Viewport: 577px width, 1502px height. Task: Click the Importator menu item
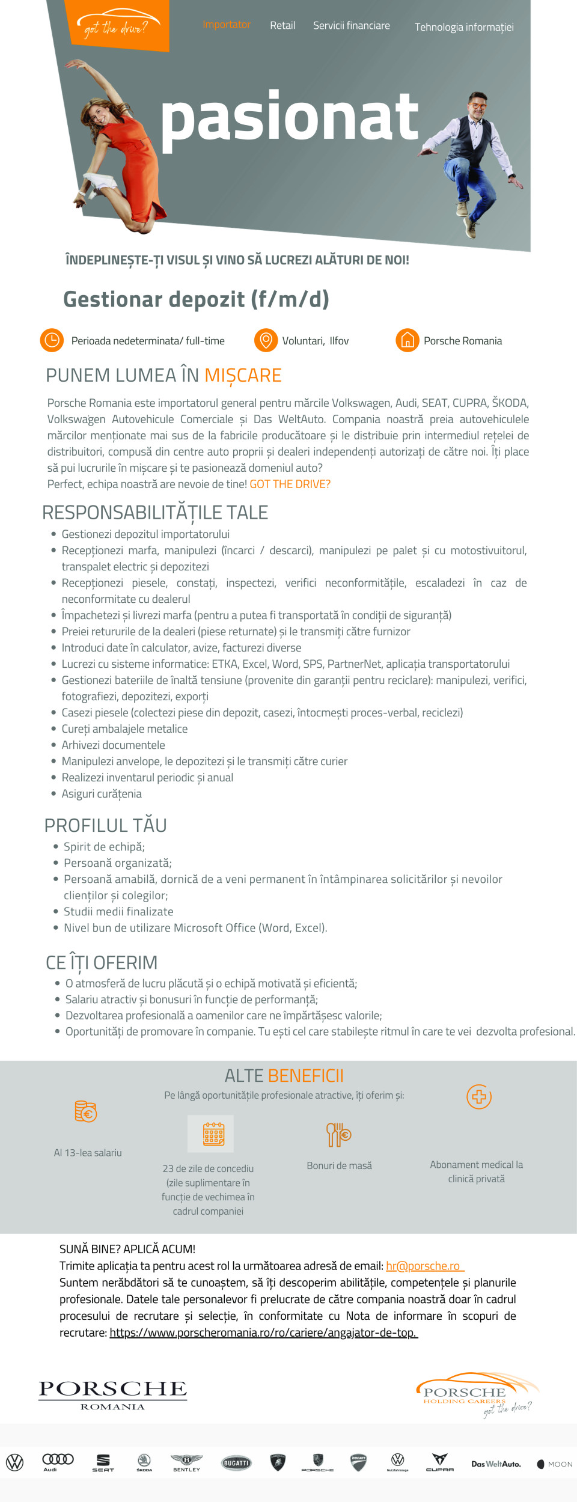click(x=226, y=25)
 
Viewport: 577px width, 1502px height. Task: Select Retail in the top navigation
click(x=282, y=25)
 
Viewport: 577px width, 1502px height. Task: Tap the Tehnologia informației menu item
click(x=464, y=27)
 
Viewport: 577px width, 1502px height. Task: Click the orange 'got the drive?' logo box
click(x=116, y=26)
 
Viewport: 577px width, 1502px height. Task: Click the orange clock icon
click(x=52, y=340)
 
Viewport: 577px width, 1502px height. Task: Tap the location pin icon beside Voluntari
click(x=266, y=340)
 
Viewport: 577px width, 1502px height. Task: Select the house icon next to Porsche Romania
click(x=407, y=340)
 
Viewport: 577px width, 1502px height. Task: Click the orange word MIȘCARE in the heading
click(x=243, y=375)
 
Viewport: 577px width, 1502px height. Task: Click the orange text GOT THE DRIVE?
click(x=290, y=484)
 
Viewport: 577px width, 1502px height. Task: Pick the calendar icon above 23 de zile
click(x=210, y=1134)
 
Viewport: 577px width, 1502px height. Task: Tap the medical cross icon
click(x=479, y=1097)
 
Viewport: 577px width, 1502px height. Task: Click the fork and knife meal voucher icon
click(x=338, y=1134)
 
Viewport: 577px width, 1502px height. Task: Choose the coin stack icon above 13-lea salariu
click(x=86, y=1112)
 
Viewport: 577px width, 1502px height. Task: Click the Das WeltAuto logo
click(x=496, y=1464)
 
